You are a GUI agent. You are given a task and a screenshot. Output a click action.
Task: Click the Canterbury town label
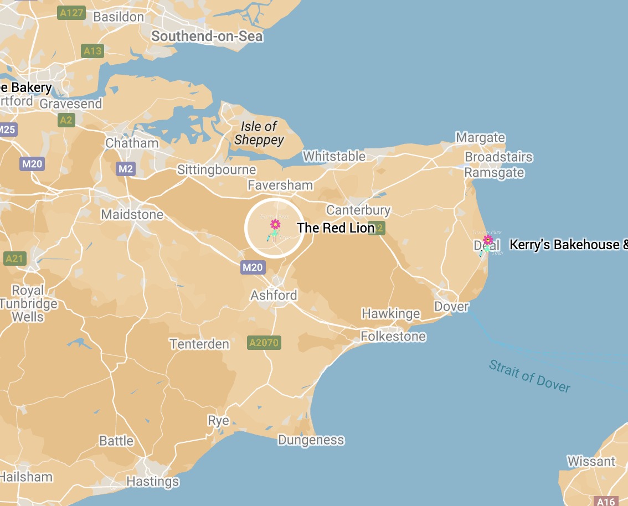(358, 210)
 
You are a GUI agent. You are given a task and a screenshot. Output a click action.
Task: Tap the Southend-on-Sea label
(207, 37)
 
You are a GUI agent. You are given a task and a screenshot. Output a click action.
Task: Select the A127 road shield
(71, 13)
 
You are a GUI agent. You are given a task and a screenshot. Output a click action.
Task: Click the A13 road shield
(92, 51)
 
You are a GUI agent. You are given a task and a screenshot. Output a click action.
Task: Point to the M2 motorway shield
(126, 169)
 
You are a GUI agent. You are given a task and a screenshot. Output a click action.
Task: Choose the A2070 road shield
(264, 343)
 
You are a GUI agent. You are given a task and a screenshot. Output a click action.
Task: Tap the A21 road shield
(14, 259)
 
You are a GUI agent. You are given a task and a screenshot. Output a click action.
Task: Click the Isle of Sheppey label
(259, 133)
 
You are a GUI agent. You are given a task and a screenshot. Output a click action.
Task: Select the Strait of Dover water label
(529, 376)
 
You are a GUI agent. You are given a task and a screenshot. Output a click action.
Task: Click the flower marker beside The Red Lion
(275, 224)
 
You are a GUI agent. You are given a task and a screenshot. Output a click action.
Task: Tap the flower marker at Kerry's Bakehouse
(488, 240)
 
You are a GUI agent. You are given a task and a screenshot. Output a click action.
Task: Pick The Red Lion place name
(336, 228)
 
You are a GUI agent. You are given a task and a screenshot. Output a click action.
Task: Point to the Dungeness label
(311, 440)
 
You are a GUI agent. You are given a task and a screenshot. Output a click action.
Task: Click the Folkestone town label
(393, 336)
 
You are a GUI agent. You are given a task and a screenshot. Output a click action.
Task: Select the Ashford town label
(274, 295)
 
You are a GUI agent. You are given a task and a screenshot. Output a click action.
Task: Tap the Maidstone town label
(132, 214)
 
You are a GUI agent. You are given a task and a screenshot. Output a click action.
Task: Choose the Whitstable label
(334, 156)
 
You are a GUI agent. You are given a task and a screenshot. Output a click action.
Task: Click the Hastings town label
(152, 482)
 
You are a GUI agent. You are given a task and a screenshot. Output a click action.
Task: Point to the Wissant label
(591, 461)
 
